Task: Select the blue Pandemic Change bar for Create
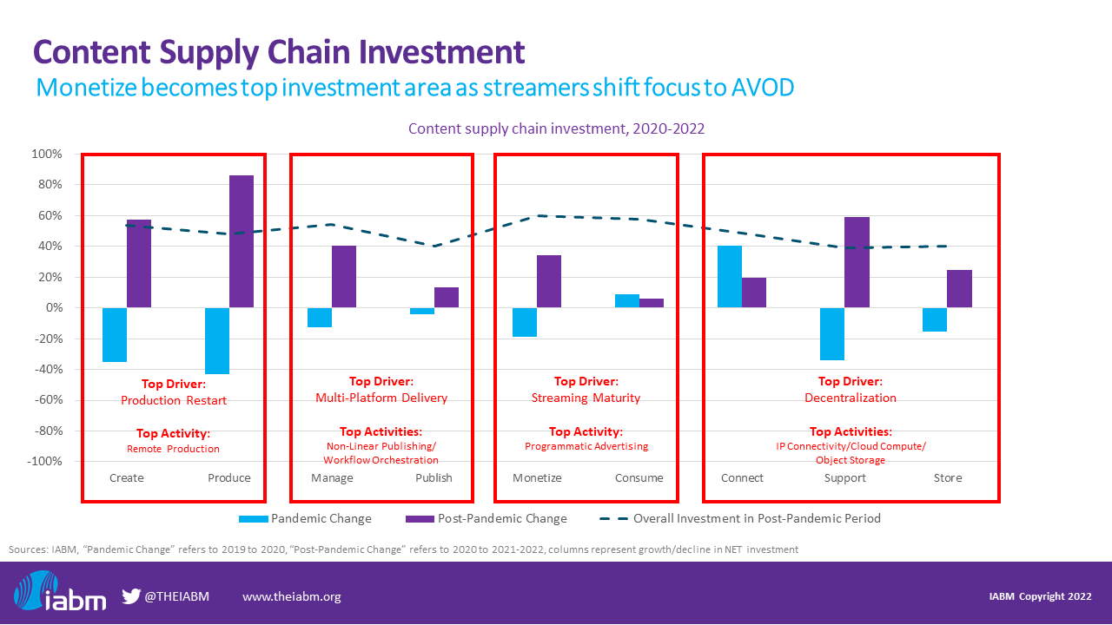pos(115,334)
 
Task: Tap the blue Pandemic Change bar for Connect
pos(730,277)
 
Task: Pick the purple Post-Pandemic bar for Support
pos(857,262)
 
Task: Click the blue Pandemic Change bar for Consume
pos(627,301)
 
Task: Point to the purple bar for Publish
pos(447,298)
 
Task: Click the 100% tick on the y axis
pos(48,155)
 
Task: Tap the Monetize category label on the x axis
pos(537,478)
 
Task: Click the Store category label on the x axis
pos(948,478)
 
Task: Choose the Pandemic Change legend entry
pos(305,519)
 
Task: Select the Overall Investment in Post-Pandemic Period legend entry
pos(739,519)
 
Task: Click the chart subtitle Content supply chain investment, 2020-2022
pos(556,128)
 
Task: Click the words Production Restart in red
pos(174,400)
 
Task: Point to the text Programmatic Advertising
pos(586,446)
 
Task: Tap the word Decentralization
pos(851,398)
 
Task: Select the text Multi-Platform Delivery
pos(381,398)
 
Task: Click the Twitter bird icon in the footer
pos(131,596)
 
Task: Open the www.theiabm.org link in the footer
pos(291,596)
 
